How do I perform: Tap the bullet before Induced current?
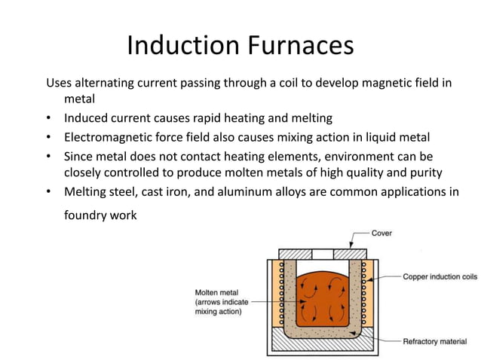coord(50,119)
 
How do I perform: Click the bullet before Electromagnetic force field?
coord(50,138)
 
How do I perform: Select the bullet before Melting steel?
coord(50,192)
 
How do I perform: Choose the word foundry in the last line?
coord(89,216)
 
